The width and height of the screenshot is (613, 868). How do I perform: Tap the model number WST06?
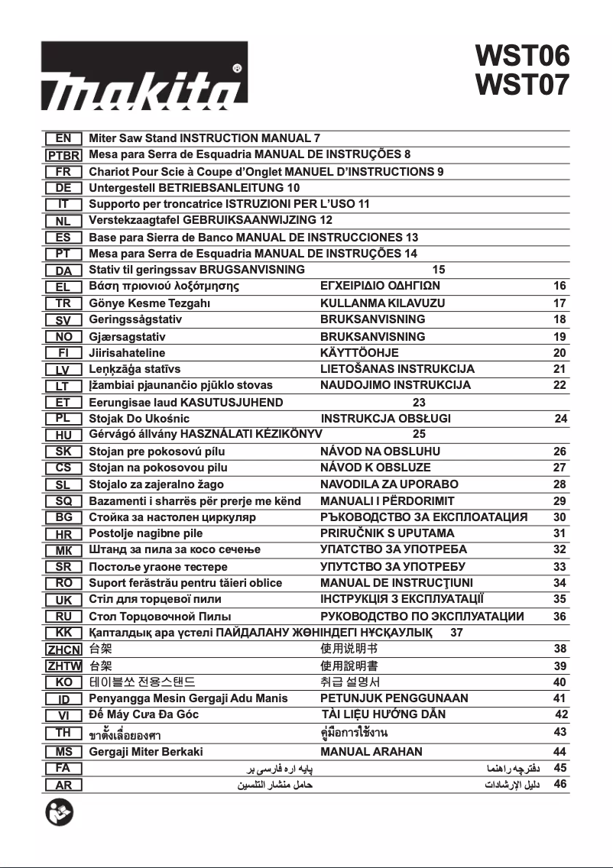pyautogui.click(x=522, y=56)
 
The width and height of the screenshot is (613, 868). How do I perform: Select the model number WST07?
pyautogui.click(x=522, y=85)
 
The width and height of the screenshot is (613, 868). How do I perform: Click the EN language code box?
pyautogui.click(x=63, y=138)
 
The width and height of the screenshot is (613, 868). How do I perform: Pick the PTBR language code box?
pyautogui.click(x=63, y=155)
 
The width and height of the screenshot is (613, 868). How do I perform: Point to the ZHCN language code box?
pyautogui.click(x=63, y=649)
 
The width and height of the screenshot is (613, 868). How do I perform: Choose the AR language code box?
pyautogui.click(x=63, y=785)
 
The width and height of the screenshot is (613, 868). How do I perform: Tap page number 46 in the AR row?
pyautogui.click(x=559, y=784)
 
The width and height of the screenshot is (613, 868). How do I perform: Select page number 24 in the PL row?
pyautogui.click(x=561, y=419)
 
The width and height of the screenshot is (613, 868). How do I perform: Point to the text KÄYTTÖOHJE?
pyautogui.click(x=359, y=353)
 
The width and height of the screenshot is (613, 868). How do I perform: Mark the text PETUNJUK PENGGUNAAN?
pyautogui.click(x=394, y=698)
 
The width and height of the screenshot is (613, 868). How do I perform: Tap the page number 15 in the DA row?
pyautogui.click(x=438, y=270)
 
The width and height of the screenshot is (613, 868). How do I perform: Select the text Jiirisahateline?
pyautogui.click(x=127, y=353)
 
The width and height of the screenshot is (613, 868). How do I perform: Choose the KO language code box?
pyautogui.click(x=63, y=682)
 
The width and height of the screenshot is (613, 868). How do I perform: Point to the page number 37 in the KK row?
pyautogui.click(x=456, y=633)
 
